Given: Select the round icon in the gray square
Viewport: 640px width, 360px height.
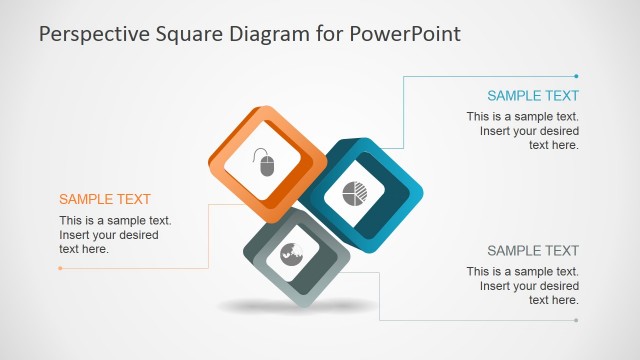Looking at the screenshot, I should coord(292,253).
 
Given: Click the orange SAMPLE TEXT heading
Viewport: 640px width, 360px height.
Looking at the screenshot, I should coord(105,199).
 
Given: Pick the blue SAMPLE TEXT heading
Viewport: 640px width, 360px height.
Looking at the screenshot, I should coord(533,96).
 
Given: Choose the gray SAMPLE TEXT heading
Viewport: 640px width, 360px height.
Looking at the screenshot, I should coord(533,250).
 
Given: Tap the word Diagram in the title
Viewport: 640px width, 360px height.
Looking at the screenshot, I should coord(262,34).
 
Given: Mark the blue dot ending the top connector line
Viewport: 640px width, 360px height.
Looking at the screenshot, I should coord(577,75).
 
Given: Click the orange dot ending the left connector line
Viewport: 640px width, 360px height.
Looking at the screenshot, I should coord(60,268).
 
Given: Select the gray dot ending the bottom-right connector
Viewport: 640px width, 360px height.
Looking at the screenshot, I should coord(577,320).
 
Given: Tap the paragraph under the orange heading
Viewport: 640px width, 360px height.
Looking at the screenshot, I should coord(115,235).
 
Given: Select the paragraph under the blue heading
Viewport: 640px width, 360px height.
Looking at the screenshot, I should coord(523,131).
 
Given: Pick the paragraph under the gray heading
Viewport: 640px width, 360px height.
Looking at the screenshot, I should coord(523,286).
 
